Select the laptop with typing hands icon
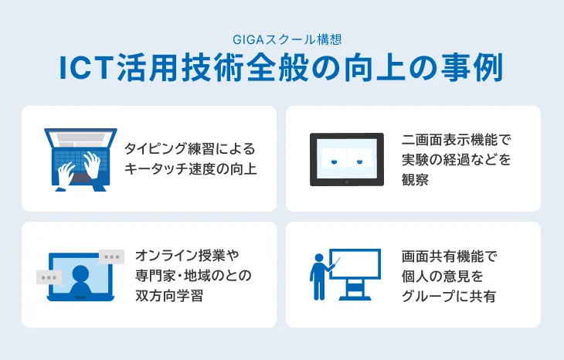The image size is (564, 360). (80, 159)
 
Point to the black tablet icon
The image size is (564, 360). (347, 159)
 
